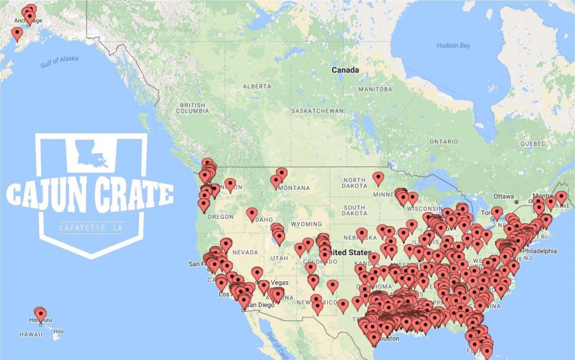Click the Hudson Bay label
[453, 45]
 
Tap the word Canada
[345, 70]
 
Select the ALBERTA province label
[257, 86]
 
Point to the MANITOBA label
[375, 90]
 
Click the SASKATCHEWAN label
[317, 111]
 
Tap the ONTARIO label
[443, 141]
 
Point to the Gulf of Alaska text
[59, 63]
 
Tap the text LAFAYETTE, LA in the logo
[92, 228]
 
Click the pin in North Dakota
[378, 177]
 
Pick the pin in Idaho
[252, 214]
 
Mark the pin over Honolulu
[40, 313]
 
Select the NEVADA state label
[246, 252]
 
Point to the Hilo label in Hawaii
[59, 331]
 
